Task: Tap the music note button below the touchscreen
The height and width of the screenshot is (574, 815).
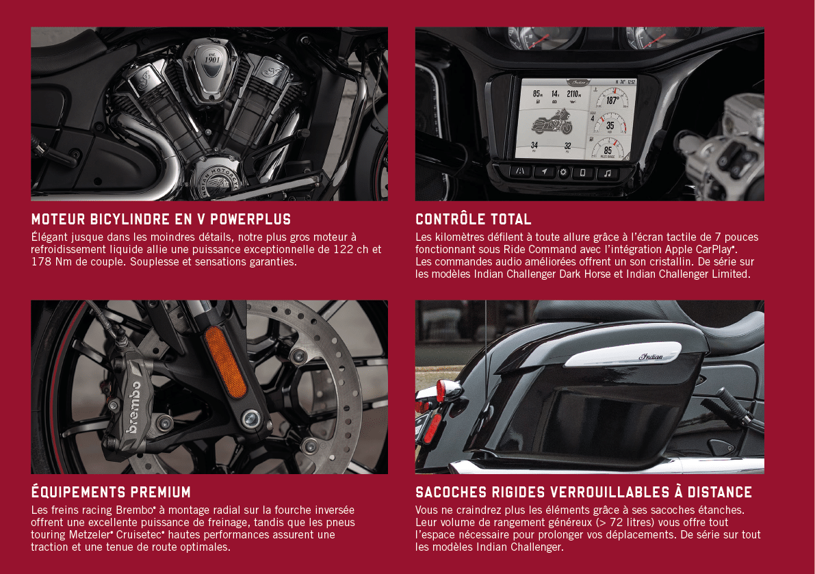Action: click(606, 173)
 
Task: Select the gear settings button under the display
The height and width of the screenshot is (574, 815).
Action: click(563, 172)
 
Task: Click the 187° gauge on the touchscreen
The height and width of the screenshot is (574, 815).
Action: click(612, 99)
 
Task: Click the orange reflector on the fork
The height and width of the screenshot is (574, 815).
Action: click(225, 362)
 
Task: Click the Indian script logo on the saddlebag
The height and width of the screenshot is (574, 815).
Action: click(651, 356)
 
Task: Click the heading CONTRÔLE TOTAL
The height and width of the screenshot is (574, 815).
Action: click(473, 219)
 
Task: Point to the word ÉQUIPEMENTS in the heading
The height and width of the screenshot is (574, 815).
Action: click(77, 491)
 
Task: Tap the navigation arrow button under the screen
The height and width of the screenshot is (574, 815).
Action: click(544, 172)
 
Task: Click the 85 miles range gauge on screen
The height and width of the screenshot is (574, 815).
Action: click(608, 148)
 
